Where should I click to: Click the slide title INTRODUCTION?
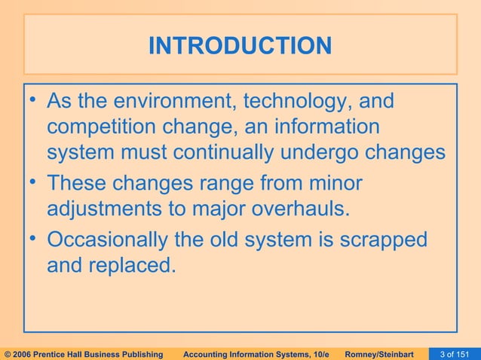click(240, 47)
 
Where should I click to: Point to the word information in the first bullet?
click(329, 127)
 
